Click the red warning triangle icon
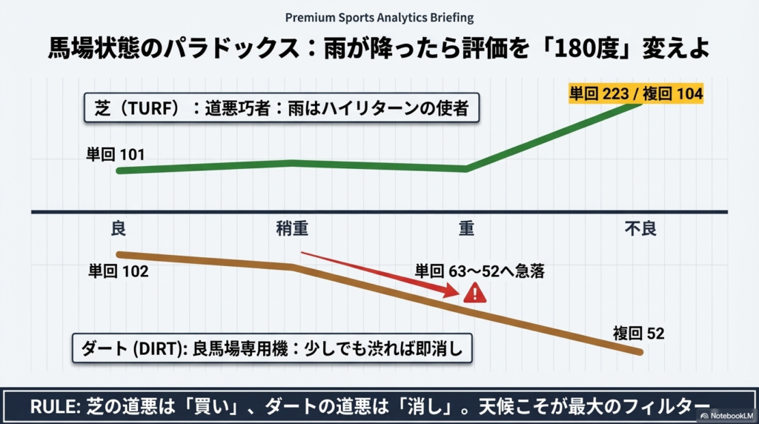coord(474,294)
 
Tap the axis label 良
coord(119,228)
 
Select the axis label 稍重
coord(292,228)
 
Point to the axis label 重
coord(465,228)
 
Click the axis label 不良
coord(640,228)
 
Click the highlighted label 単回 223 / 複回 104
coord(636,93)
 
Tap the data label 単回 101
coord(116,155)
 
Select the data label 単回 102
coord(119,271)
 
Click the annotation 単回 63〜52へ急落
coord(480,271)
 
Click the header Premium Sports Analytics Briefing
coord(379,17)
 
